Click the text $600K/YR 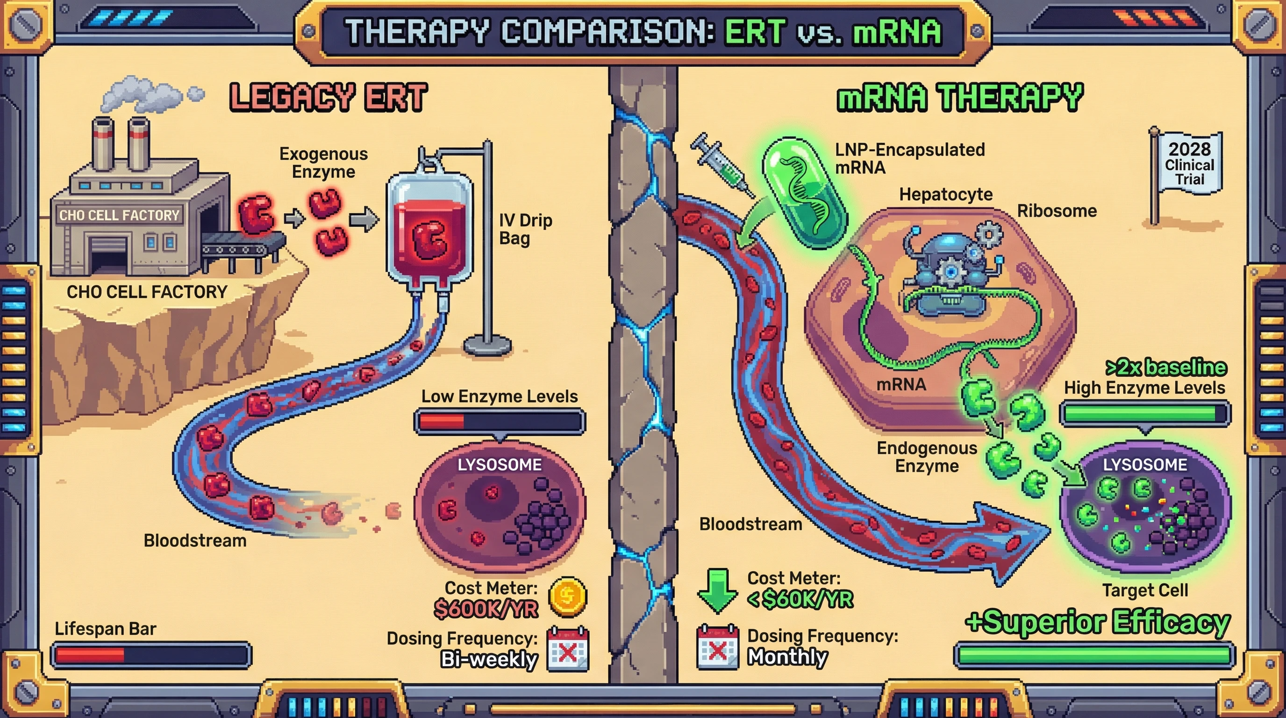click(486, 609)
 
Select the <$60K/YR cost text click(800, 599)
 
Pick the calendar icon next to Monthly click(717, 647)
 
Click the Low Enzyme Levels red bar click(499, 422)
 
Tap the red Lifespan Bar click(151, 655)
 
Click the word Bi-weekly click(489, 660)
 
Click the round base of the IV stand click(487, 345)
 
